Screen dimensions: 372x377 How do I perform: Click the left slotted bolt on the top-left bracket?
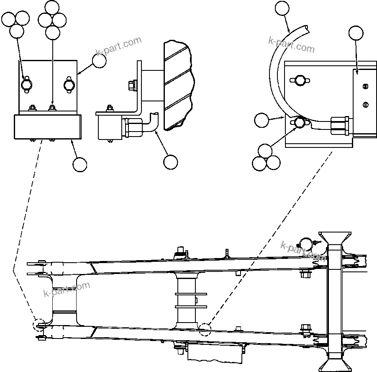point(26,85)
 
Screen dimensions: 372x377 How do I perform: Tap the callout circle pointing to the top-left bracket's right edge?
point(99,61)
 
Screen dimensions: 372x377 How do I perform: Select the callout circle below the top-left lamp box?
point(80,164)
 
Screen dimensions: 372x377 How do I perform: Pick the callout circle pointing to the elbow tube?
point(170,162)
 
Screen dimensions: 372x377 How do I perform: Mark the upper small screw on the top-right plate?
point(365,87)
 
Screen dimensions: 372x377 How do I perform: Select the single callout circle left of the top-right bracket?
point(262,120)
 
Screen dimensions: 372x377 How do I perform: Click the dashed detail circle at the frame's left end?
point(40,325)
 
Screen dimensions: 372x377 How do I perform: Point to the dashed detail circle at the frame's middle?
point(205,330)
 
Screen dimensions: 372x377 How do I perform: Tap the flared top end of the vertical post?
point(335,238)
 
